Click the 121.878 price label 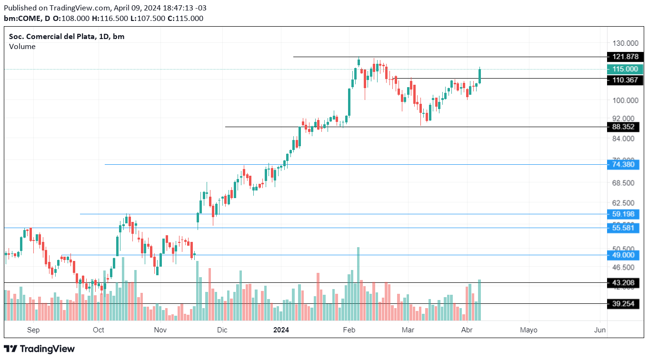(x=625, y=57)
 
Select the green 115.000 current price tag (x=625, y=69)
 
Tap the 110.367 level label (x=625, y=80)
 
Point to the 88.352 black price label (x=625, y=127)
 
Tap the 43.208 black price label (x=625, y=283)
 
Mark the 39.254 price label (x=625, y=303)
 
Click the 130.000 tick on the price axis (x=625, y=42)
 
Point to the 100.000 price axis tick (x=625, y=100)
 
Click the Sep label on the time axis (x=33, y=330)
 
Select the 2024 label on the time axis (x=281, y=330)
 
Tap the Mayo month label (x=528, y=330)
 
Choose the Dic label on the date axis (x=222, y=330)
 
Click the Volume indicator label (x=22, y=47)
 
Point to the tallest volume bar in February (x=358, y=283)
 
